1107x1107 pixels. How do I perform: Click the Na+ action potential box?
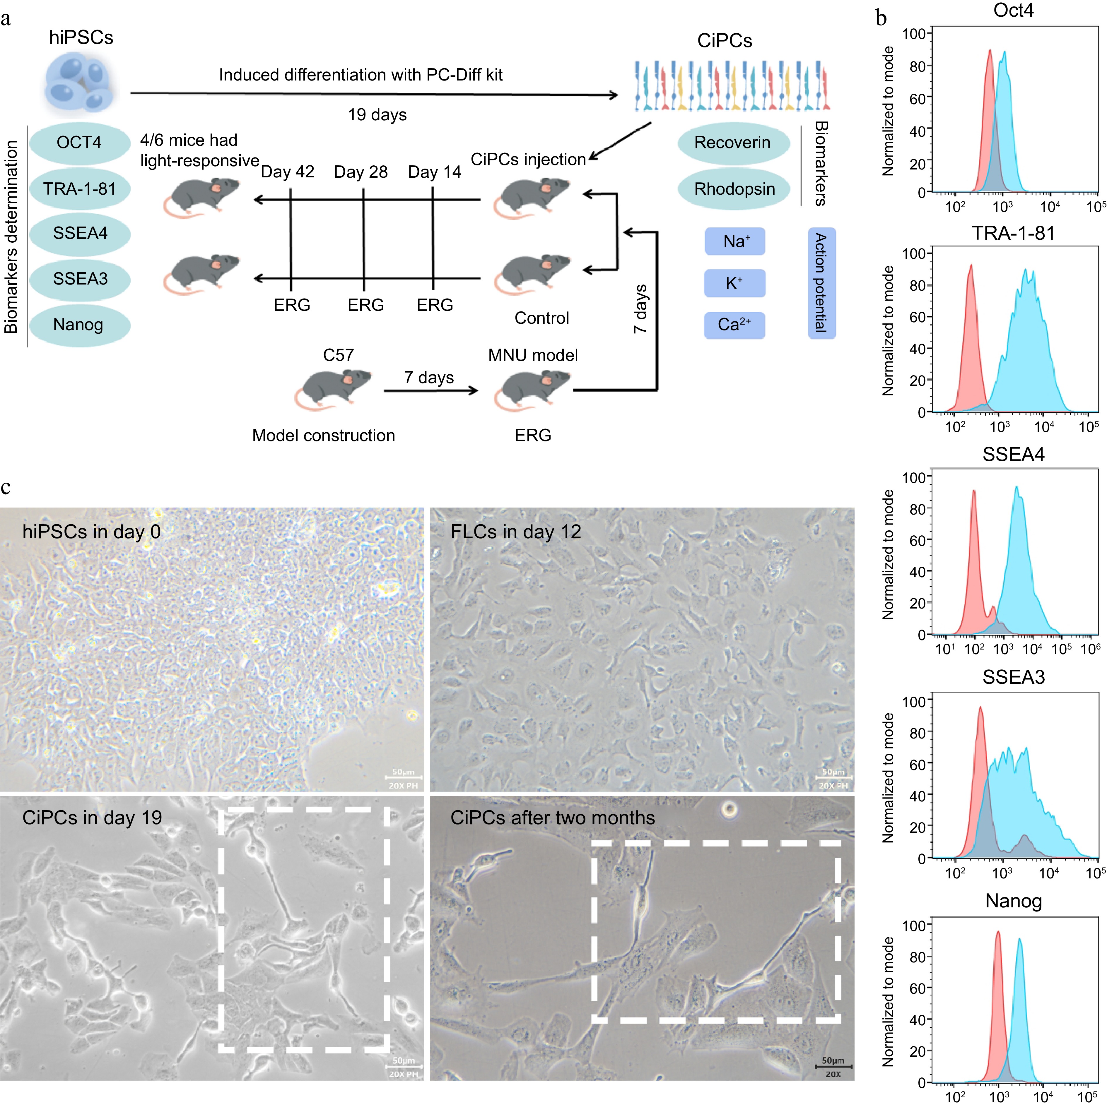[734, 241]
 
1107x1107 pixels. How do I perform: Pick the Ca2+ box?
[734, 325]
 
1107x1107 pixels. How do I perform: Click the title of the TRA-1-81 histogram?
[1013, 233]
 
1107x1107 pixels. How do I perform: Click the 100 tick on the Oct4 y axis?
[914, 34]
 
